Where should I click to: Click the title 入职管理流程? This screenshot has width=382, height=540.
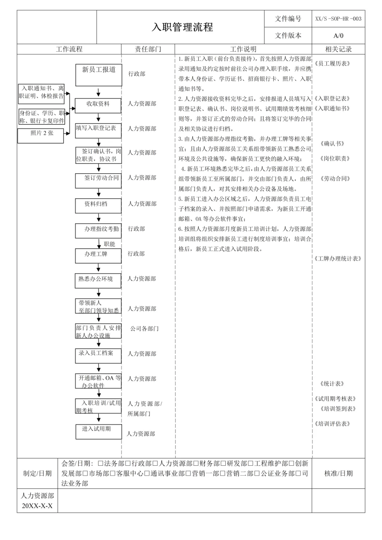pyautogui.click(x=182, y=27)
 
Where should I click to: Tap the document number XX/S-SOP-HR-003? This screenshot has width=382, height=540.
pyautogui.click(x=338, y=19)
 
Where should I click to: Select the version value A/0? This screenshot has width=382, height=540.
pyautogui.click(x=338, y=35)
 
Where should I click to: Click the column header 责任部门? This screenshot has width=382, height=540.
pyautogui.click(x=148, y=49)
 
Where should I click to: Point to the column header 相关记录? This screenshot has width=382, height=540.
pyautogui.click(x=338, y=49)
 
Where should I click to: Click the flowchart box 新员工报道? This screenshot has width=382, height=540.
pyautogui.click(x=99, y=75)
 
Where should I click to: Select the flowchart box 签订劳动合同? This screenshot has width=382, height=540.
pyautogui.click(x=99, y=180)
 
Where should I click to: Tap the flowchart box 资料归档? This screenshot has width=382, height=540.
pyautogui.click(x=98, y=205)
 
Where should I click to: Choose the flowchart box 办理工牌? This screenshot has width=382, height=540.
pyautogui.click(x=98, y=256)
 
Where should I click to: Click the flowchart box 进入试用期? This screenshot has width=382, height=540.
pyautogui.click(x=99, y=431)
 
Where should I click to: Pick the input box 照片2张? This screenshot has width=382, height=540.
pyautogui.click(x=41, y=135)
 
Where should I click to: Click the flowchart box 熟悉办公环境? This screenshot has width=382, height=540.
pyautogui.click(x=98, y=281)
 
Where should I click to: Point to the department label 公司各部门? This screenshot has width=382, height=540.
pyautogui.click(x=144, y=329)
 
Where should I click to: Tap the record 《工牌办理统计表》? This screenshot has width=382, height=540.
pyautogui.click(x=338, y=259)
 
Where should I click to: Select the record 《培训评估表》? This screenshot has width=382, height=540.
pyautogui.click(x=332, y=424)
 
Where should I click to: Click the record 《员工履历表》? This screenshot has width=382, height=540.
pyautogui.click(x=332, y=63)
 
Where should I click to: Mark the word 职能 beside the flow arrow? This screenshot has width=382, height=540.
pyautogui.click(x=110, y=244)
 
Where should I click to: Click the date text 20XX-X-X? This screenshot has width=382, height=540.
pyautogui.click(x=37, y=506)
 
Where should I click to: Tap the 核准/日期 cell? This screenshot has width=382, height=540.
pyautogui.click(x=338, y=473)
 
